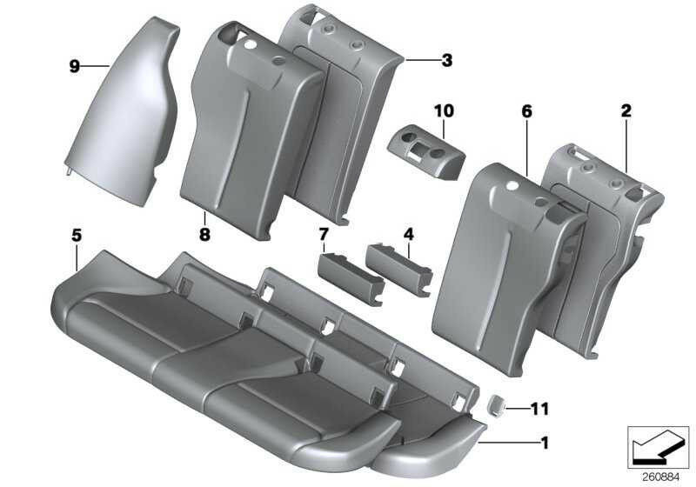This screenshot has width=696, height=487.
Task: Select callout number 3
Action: [446, 60]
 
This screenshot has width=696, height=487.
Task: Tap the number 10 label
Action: [444, 110]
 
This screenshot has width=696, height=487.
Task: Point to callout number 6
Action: [526, 111]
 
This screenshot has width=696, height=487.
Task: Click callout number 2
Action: [626, 110]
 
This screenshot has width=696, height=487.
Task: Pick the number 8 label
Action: [204, 232]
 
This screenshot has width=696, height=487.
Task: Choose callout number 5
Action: [77, 234]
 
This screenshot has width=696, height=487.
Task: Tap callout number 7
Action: [325, 234]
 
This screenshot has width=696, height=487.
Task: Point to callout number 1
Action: [544, 441]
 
